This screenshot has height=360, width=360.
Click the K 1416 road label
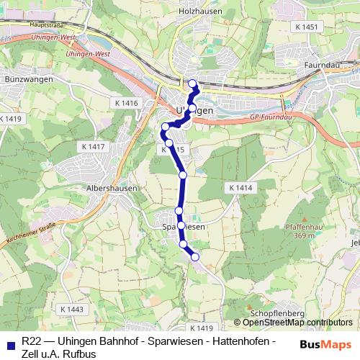pyautogui.click(x=125, y=104)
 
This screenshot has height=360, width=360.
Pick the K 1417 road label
pyautogui.click(x=94, y=147)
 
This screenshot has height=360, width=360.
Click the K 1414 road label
pyautogui.click(x=240, y=187)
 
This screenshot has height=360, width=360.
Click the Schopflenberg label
pyautogui.click(x=276, y=314)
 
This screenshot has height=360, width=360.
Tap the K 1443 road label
pyautogui.click(x=72, y=309)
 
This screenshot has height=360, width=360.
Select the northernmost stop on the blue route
pyautogui.click(x=192, y=83)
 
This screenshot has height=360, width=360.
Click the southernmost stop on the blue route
pyautogui.click(x=194, y=257)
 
